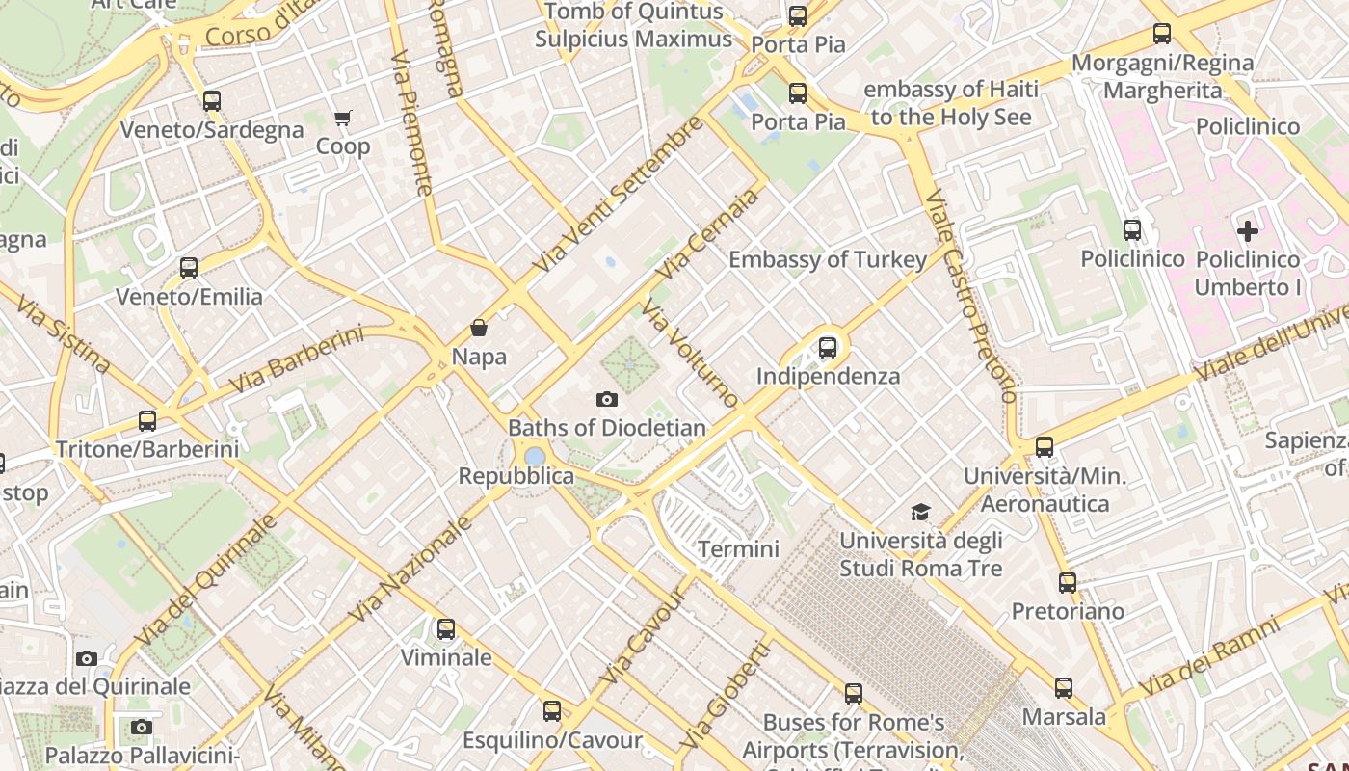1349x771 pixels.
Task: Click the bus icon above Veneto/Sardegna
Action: pyautogui.click(x=212, y=100)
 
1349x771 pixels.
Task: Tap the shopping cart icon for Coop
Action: pyautogui.click(x=343, y=118)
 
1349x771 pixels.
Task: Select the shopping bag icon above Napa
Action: pyautogui.click(x=479, y=328)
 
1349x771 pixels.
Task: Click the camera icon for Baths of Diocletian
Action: pyautogui.click(x=607, y=399)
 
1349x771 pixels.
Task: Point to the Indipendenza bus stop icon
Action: pyautogui.click(x=828, y=348)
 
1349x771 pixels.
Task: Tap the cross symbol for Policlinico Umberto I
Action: pyautogui.click(x=1248, y=230)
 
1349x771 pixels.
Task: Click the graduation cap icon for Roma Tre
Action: pyautogui.click(x=921, y=512)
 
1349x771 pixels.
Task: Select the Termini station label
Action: pyautogui.click(x=738, y=549)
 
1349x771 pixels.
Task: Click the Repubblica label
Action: pyautogui.click(x=516, y=476)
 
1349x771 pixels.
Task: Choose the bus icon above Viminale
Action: pyautogui.click(x=446, y=629)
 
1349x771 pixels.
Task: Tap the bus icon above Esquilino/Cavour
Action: pyautogui.click(x=552, y=711)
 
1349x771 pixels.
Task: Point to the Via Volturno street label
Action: pyautogui.click(x=690, y=353)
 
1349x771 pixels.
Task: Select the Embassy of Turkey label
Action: pyautogui.click(x=828, y=259)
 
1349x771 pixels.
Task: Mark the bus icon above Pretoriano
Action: pyautogui.click(x=1068, y=583)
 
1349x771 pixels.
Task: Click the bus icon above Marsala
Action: pyautogui.click(x=1064, y=688)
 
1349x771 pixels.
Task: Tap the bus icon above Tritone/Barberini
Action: pyautogui.click(x=147, y=421)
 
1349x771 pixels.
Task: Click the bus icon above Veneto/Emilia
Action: pyautogui.click(x=189, y=268)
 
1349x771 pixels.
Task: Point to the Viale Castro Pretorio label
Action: pyautogui.click(x=971, y=295)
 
